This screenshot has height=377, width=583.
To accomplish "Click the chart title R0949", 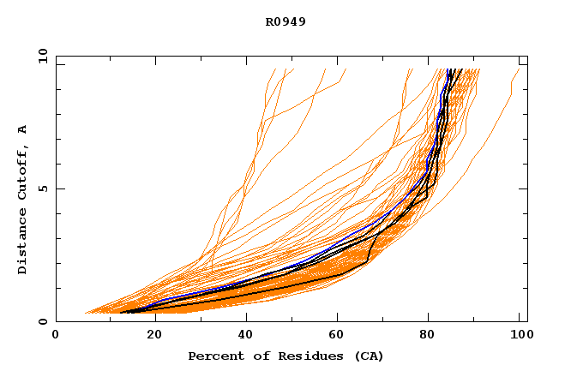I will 285,21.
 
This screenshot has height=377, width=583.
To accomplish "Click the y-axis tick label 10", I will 42,56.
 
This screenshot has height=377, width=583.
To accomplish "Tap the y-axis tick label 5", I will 42,188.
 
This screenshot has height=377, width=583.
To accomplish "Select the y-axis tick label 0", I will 42,321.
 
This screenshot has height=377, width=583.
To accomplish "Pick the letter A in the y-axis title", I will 23,130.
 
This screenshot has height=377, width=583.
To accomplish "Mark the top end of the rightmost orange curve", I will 519,69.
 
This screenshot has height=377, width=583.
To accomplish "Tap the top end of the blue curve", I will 448,69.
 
